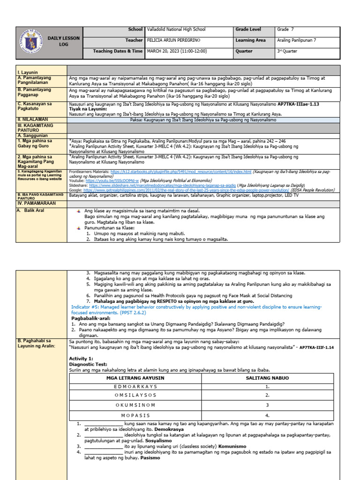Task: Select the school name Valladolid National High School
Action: pyautogui.click(x=176, y=30)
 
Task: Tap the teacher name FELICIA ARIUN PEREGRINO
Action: pyautogui.click(x=177, y=40)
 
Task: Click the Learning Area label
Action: pyautogui.click(x=251, y=40)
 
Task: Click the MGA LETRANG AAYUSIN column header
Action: pyautogui.click(x=135, y=378)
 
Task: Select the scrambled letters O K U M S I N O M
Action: pyautogui.click(x=135, y=405)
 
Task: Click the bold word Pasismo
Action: pyautogui.click(x=150, y=458)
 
